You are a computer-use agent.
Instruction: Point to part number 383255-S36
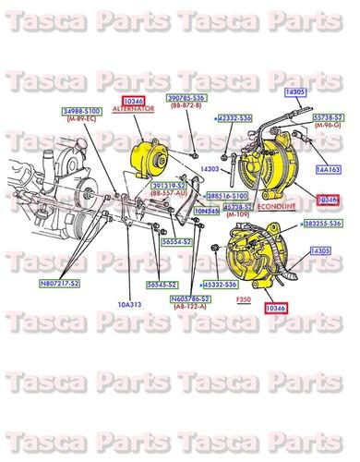pyautogui.click(x=321, y=224)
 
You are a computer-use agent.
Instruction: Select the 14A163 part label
pyautogui.click(x=328, y=170)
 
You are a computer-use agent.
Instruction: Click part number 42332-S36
pyautogui.click(x=234, y=119)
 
